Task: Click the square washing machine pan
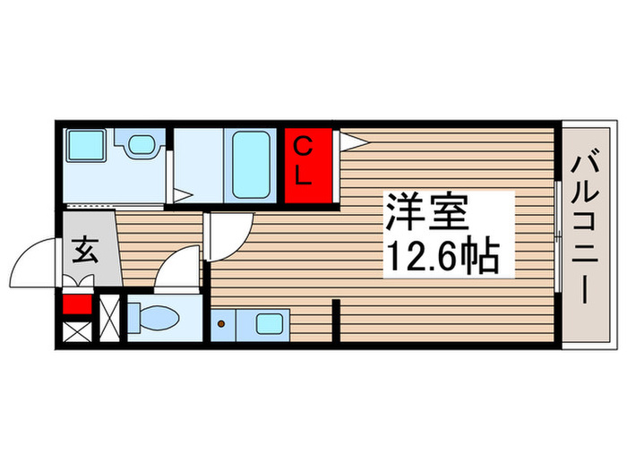point(88,143)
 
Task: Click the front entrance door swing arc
point(32,260)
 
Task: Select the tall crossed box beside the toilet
point(109,320)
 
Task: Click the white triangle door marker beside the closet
point(350,141)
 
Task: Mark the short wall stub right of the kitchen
point(336,322)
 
